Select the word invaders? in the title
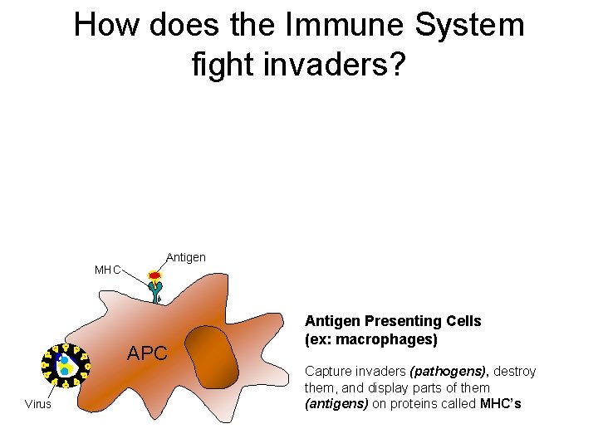click(x=326, y=64)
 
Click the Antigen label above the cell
click(x=186, y=257)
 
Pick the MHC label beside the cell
click(x=107, y=270)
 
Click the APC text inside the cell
click(x=147, y=354)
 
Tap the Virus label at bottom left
click(x=38, y=405)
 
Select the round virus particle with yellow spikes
click(x=63, y=366)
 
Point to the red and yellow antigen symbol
click(x=154, y=275)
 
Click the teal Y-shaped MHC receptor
click(x=155, y=291)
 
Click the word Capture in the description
click(x=326, y=371)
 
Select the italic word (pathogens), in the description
click(x=448, y=371)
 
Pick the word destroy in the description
click(x=515, y=371)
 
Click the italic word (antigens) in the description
click(x=334, y=404)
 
